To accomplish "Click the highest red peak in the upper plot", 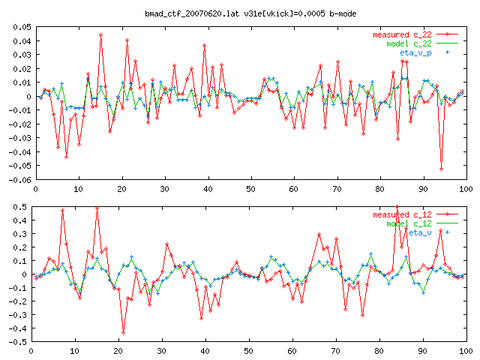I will [100, 34].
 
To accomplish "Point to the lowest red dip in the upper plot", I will [441, 169].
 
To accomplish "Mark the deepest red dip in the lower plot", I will [123, 331].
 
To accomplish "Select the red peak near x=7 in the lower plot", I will [62, 211].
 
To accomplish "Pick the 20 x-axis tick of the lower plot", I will [117, 350].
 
